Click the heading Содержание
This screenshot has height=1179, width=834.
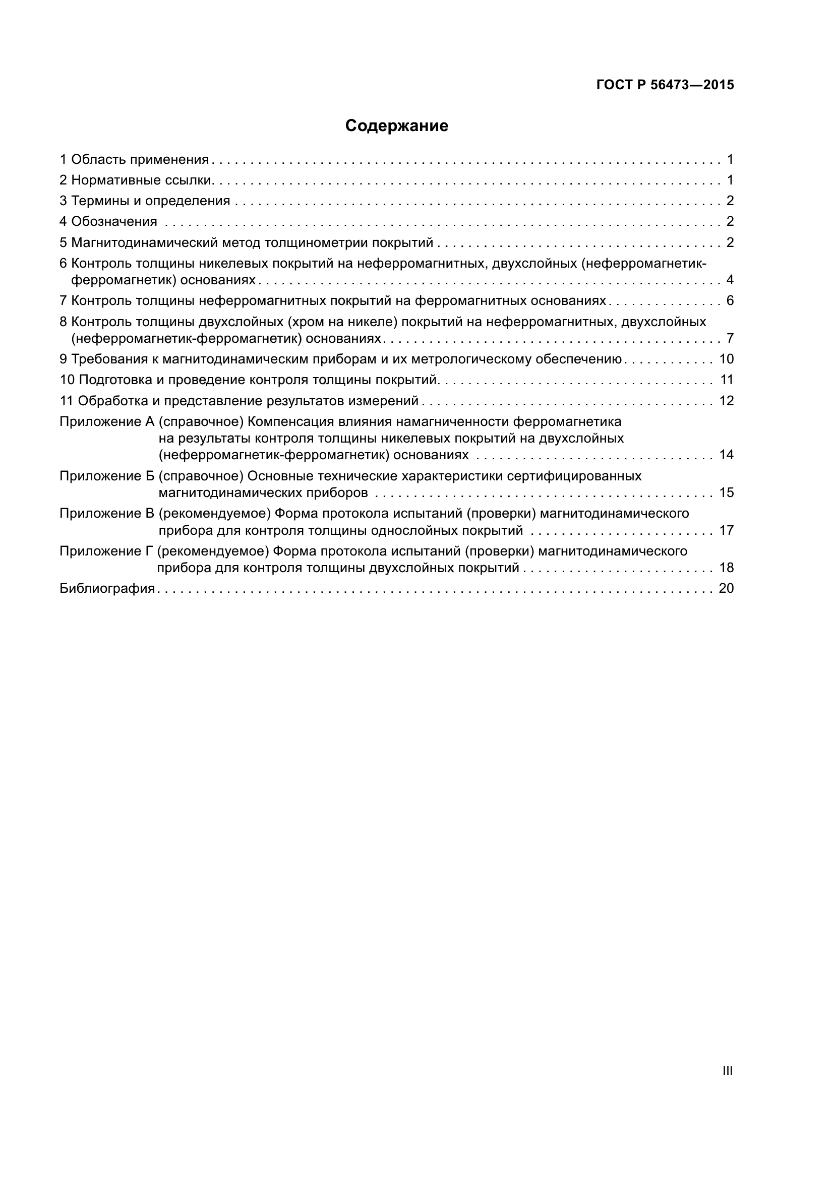pyautogui.click(x=396, y=126)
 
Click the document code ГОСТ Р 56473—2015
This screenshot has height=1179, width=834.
pyautogui.click(x=665, y=85)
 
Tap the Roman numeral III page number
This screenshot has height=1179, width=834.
pyautogui.click(x=727, y=1071)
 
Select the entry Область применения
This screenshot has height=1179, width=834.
pyautogui.click(x=140, y=160)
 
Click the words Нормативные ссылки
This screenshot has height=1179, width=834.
pyautogui.click(x=142, y=180)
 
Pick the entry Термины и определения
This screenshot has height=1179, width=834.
pyautogui.click(x=150, y=201)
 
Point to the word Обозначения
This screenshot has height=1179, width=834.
pyautogui.click(x=114, y=221)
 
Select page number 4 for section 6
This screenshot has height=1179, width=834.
pyautogui.click(x=730, y=280)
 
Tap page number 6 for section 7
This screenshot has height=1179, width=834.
pyautogui.click(x=730, y=300)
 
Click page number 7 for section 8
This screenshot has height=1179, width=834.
pyautogui.click(x=730, y=338)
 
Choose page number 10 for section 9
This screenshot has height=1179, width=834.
pyautogui.click(x=726, y=359)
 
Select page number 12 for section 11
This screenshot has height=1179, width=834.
pyautogui.click(x=726, y=401)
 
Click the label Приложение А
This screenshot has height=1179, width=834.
pyautogui.click(x=107, y=421)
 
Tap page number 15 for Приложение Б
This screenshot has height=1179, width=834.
pyautogui.click(x=726, y=492)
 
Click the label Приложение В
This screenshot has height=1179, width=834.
pyautogui.click(x=107, y=514)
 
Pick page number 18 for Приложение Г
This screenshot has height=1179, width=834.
pyautogui.click(x=726, y=568)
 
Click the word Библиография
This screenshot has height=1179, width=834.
pyautogui.click(x=107, y=588)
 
